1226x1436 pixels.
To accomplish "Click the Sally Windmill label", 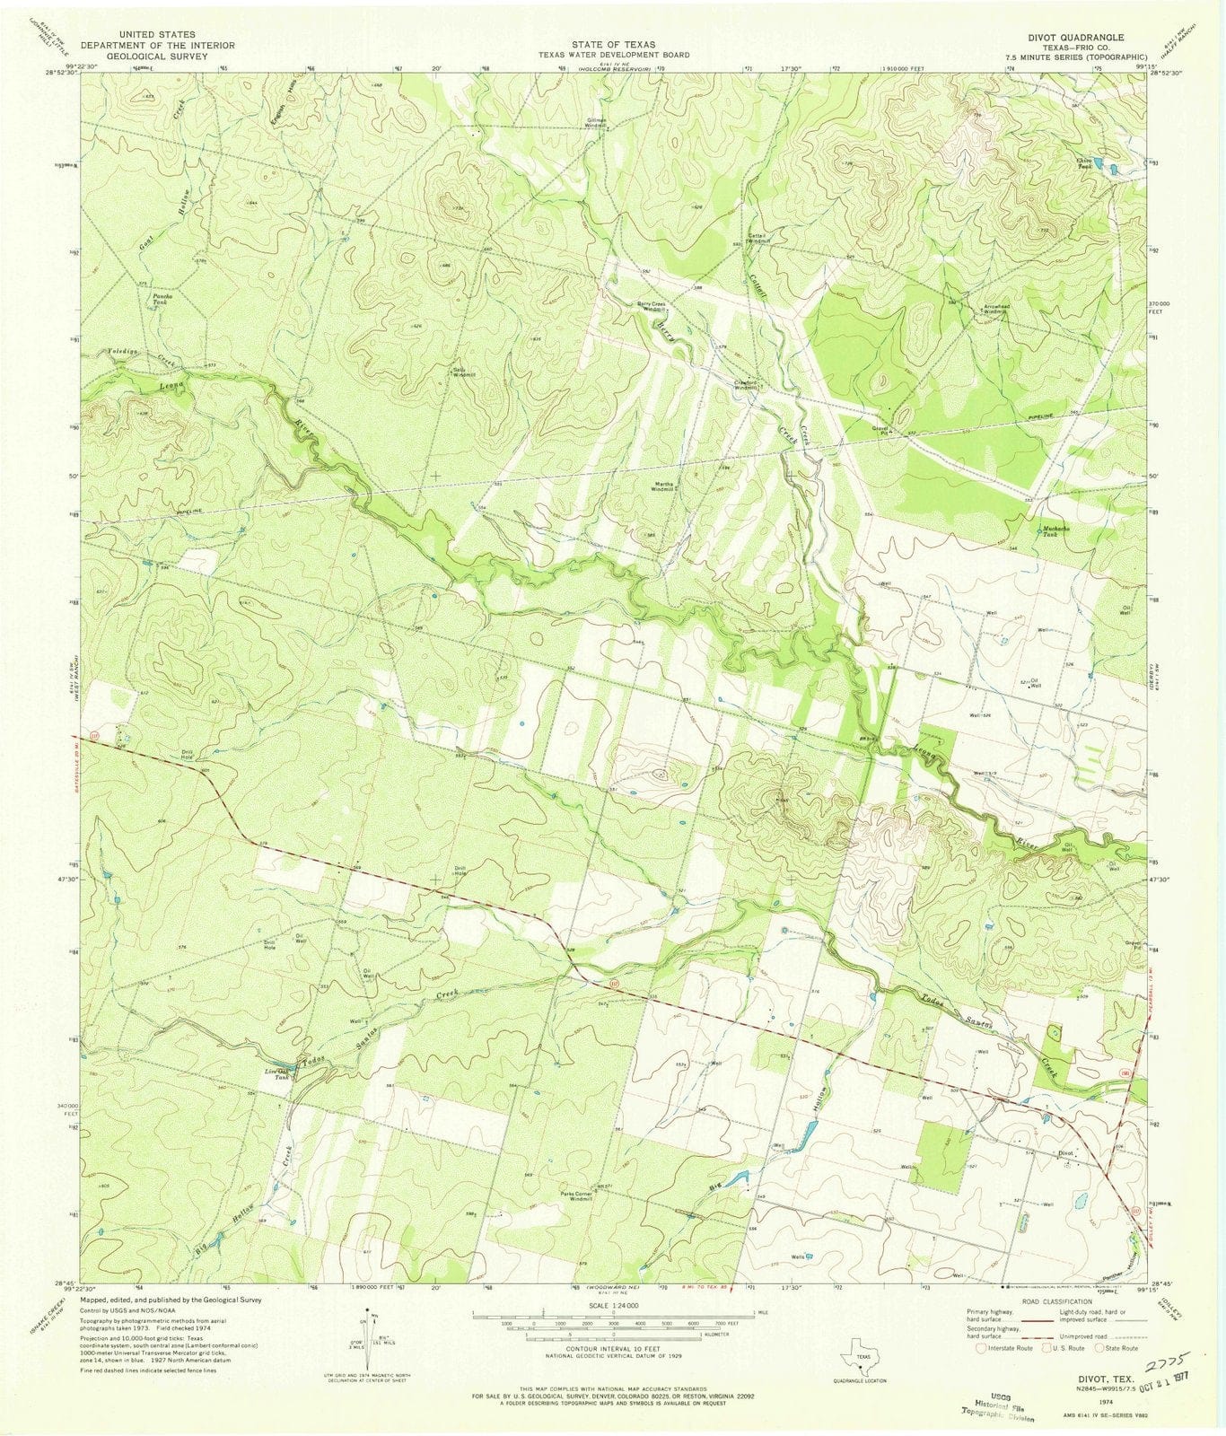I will click(462, 371).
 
